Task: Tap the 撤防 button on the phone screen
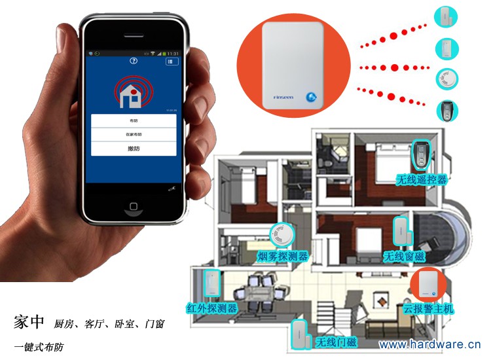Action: [134, 149]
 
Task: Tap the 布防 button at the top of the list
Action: [134, 121]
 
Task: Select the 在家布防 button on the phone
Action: [134, 134]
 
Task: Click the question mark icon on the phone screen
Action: [134, 61]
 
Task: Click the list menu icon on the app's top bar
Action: [172, 61]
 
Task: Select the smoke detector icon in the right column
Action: [447, 78]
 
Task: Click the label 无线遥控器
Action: [421, 179]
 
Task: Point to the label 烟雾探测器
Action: [282, 255]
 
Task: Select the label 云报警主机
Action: [428, 308]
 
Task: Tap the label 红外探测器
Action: [211, 308]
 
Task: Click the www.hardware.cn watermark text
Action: [429, 344]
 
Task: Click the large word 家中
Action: [29, 321]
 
